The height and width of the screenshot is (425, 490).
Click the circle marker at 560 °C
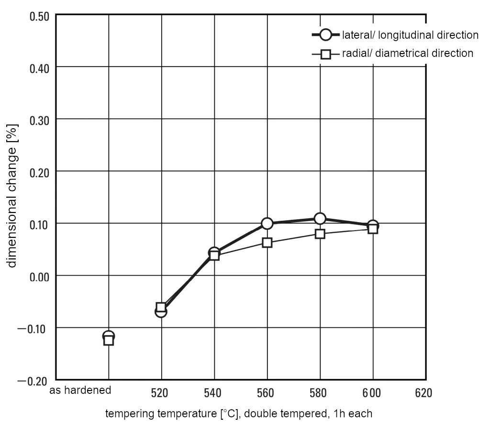coord(267,223)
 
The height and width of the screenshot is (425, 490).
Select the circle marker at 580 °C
coord(320,219)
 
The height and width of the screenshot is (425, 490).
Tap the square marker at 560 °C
coord(267,243)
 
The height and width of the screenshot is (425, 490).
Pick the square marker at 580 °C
coord(320,234)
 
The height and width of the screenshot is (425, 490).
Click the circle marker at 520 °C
coord(161,312)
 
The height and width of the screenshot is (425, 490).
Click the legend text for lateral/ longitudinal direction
coord(410,35)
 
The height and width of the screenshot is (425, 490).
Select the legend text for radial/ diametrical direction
coord(407,53)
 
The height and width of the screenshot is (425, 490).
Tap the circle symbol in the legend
coord(326,35)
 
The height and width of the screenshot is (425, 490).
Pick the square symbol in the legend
coord(326,54)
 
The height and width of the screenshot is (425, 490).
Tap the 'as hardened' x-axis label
coord(80,391)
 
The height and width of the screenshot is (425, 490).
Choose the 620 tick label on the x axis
coord(423,393)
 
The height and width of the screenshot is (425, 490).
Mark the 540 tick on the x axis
coord(212,393)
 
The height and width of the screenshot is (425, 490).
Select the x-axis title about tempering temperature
coord(238,413)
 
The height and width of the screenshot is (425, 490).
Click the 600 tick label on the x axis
coord(371,393)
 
